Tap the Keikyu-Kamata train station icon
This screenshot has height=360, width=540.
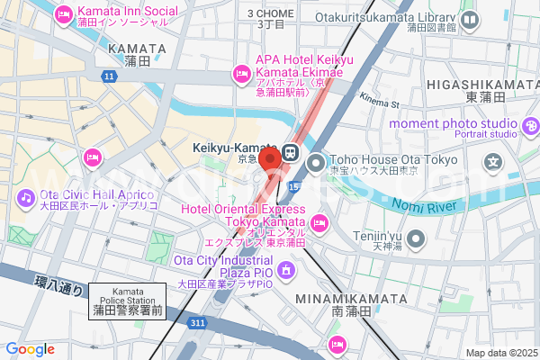(292, 151)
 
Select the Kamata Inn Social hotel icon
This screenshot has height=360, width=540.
(63, 14)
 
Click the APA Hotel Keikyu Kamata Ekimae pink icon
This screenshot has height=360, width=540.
(241, 73)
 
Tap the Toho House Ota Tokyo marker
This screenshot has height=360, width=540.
(315, 164)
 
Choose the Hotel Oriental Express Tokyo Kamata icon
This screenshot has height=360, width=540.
(319, 222)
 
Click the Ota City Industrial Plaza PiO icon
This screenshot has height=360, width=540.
(286, 269)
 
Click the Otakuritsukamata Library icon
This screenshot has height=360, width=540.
(470, 21)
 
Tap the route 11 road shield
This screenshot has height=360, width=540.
(109, 77)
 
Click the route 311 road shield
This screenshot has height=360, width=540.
(198, 321)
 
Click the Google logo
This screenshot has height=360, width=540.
(30, 349)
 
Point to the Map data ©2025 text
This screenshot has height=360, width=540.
(500, 353)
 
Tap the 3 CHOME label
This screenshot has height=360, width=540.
(270, 14)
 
